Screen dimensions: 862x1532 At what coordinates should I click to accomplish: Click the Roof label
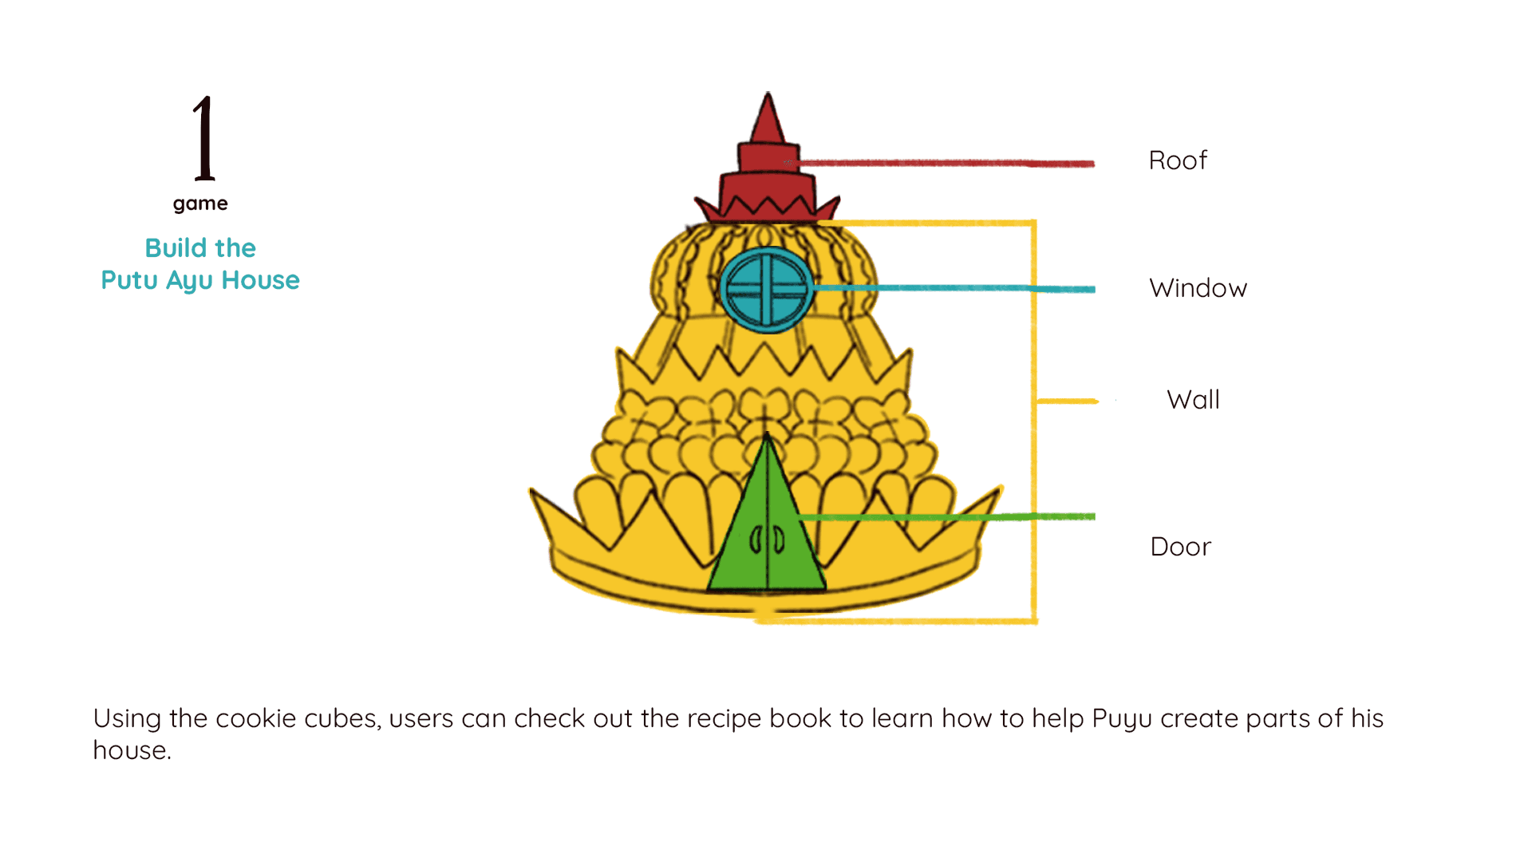(x=1177, y=160)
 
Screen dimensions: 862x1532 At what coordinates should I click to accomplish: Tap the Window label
(x=1198, y=288)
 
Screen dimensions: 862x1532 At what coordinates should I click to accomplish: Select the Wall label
(x=1193, y=399)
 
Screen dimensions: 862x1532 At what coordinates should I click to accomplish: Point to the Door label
(x=1180, y=547)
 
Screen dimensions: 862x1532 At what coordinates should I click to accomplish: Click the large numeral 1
(x=203, y=138)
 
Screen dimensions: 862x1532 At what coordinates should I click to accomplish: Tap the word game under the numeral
(x=200, y=204)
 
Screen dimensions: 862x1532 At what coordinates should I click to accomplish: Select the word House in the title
(x=260, y=280)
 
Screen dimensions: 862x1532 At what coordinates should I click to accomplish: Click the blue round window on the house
(x=766, y=289)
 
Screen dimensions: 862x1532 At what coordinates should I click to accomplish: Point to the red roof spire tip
(x=768, y=100)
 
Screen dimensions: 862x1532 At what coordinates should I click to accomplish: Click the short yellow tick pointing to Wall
(x=1067, y=401)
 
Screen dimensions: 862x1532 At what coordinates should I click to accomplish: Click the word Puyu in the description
(x=1122, y=718)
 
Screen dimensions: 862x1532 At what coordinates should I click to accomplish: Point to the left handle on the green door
(x=754, y=542)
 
